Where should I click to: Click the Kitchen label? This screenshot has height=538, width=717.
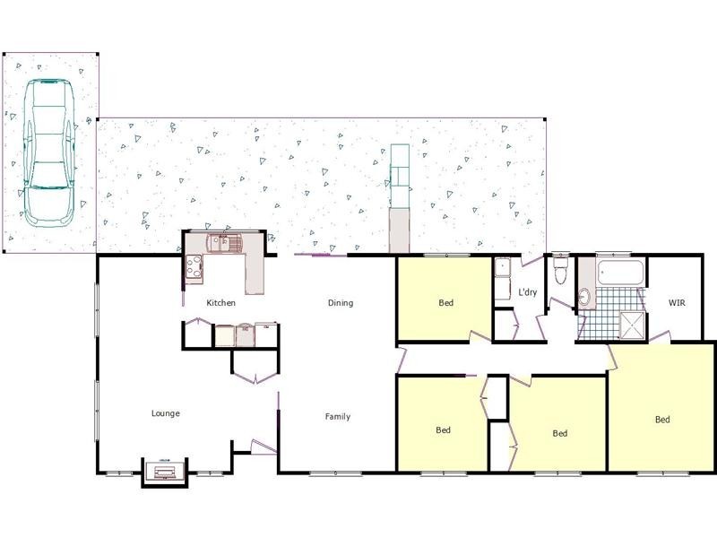[220, 303]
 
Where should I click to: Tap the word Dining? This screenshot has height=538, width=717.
[341, 303]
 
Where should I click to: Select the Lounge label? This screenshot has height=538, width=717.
[166, 413]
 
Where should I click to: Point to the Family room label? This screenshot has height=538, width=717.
[338, 416]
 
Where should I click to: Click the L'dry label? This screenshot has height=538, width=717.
[528, 292]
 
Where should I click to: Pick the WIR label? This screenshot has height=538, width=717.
[678, 303]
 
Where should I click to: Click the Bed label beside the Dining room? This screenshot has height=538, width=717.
[446, 303]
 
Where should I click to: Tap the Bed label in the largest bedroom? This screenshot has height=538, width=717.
[662, 420]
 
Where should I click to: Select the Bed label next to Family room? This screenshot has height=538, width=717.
[443, 430]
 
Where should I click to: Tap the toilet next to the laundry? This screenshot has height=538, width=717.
[561, 270]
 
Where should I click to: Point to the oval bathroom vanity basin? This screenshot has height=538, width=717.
[585, 298]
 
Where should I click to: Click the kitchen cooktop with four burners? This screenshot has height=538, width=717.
[193, 265]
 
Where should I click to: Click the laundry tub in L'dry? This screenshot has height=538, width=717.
[502, 269]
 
